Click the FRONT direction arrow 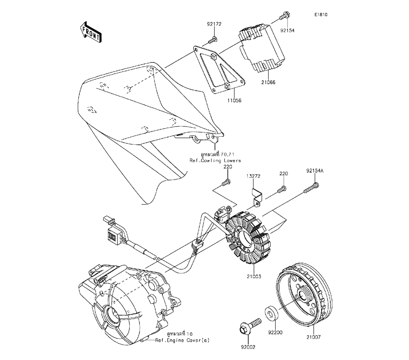click(90, 32)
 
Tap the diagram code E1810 click(321, 15)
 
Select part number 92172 click(214, 24)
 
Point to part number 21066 click(268, 82)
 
